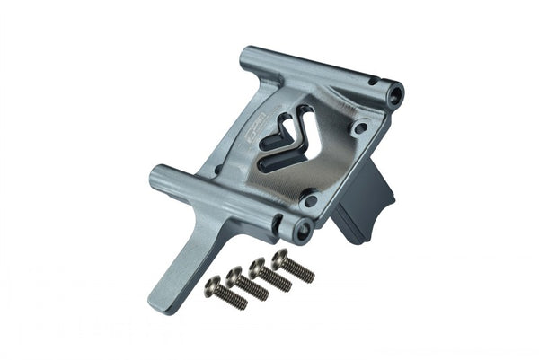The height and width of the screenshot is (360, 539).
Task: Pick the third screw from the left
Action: tap(270, 274)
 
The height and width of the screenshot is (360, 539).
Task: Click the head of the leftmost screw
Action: tap(213, 285)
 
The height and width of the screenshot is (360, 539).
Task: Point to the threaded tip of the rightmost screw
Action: tap(308, 276)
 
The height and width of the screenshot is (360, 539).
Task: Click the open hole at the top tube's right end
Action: tap(393, 92)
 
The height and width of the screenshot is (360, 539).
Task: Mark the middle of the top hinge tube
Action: tap(319, 75)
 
